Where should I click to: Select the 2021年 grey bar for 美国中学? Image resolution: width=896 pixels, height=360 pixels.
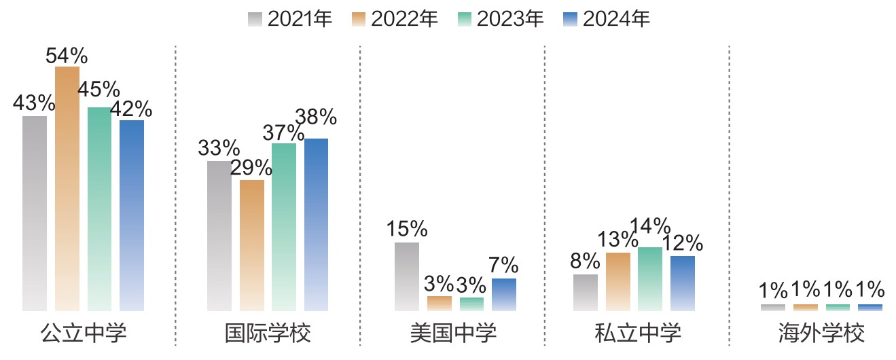pos(407,276)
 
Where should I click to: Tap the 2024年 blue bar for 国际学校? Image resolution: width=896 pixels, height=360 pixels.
pos(316,224)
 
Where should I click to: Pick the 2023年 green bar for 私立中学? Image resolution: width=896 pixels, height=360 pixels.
pos(649,278)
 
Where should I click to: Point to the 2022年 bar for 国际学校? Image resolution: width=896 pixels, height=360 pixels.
pos(252,245)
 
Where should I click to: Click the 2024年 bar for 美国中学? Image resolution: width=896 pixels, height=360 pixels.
pos(504,294)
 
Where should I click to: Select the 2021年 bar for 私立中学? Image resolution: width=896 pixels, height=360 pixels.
pos(586,292)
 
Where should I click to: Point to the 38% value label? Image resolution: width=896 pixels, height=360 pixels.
pos(316,118)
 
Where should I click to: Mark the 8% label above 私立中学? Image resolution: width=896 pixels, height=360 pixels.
pos(586,262)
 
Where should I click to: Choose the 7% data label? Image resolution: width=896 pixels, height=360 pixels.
pos(504,265)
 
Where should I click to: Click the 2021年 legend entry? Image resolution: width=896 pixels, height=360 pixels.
pos(290,19)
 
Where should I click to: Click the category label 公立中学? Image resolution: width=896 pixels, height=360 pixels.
pos(84,334)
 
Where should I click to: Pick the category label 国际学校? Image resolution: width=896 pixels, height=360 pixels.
pos(268,334)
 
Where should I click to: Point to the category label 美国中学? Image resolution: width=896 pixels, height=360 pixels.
pos(453,334)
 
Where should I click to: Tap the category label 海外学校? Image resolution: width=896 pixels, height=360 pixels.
pos(821,334)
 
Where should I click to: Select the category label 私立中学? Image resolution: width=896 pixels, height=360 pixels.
pos(637,334)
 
